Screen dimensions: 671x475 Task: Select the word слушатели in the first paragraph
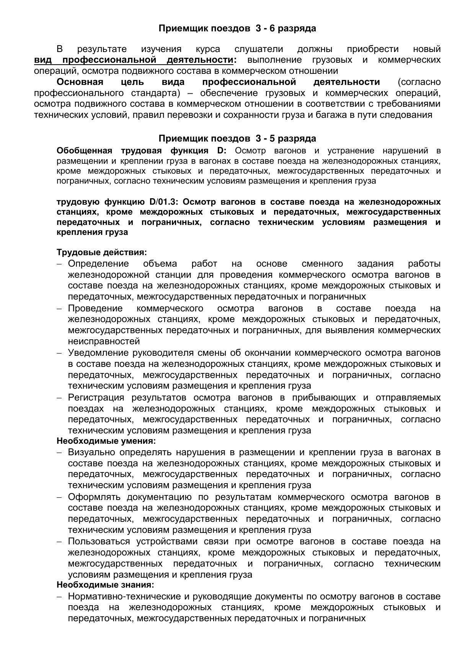[x=259, y=49]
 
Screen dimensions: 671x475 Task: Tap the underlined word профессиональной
[x=109, y=60]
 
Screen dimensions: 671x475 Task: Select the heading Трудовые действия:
[x=102, y=252]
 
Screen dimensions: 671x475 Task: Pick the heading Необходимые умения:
[x=106, y=441]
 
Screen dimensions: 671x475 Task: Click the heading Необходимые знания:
[x=105, y=585]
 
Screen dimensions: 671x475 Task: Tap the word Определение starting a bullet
[x=98, y=264]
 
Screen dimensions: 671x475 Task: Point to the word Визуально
[x=92, y=452]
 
